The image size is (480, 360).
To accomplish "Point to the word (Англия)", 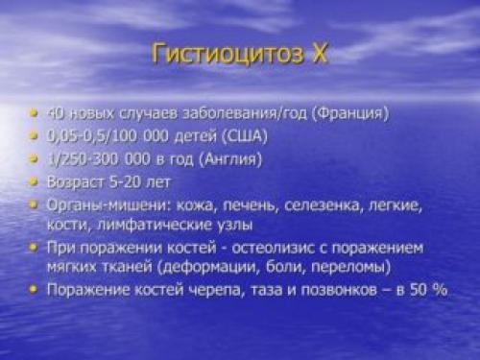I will [x=229, y=158].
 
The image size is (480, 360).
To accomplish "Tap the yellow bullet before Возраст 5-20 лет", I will [x=36, y=181].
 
